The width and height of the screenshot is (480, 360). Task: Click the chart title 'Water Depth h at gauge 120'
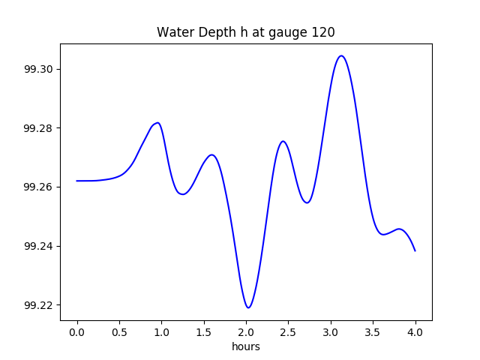[245, 32]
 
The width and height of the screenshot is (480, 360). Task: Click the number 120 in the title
[324, 32]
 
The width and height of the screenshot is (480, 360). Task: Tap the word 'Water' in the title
[174, 32]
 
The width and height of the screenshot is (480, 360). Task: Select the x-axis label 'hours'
[246, 346]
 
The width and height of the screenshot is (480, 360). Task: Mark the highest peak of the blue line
[341, 55]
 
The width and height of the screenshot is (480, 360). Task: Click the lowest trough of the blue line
[248, 307]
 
